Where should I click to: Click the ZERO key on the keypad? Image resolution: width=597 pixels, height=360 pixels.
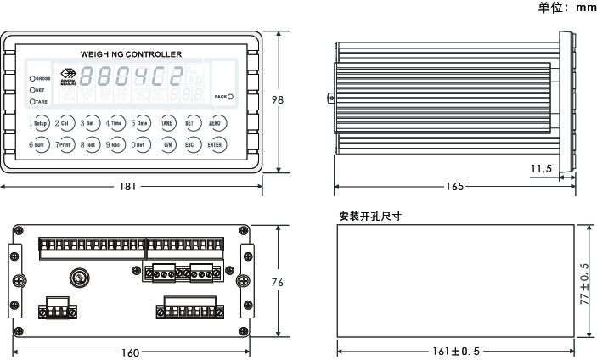215,123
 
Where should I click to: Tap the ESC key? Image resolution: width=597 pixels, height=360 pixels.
192,144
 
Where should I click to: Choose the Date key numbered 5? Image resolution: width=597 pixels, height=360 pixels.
142,123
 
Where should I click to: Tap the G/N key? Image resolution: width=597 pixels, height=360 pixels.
167,144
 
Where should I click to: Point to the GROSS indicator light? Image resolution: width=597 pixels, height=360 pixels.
32,78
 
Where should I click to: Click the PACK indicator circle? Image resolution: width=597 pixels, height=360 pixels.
231,97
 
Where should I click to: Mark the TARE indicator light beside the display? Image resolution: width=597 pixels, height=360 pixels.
32,101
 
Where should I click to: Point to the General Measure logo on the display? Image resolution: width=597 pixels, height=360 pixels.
69,79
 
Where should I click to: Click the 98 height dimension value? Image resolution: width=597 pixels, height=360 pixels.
277,99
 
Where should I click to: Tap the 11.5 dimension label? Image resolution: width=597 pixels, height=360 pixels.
541,169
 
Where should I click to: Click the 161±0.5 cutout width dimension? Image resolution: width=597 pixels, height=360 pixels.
455,351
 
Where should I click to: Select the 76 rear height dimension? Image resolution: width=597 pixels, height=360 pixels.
277,282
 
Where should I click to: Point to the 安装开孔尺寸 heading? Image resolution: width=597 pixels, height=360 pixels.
369,216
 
